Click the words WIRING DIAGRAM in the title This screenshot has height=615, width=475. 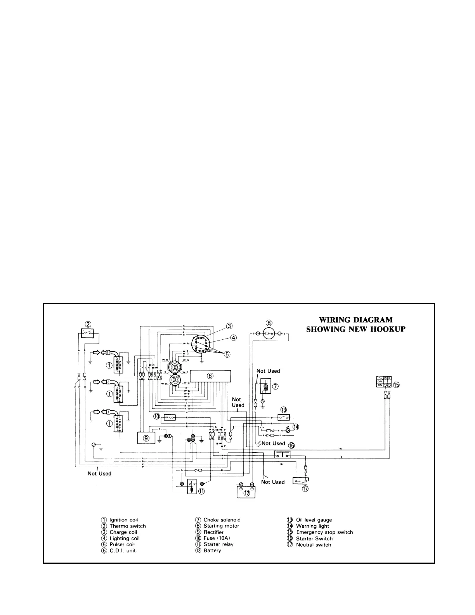pyautogui.click(x=355, y=320)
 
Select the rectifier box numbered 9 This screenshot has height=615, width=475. pyautogui.click(x=146, y=438)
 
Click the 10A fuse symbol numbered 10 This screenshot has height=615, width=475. pyautogui.click(x=170, y=417)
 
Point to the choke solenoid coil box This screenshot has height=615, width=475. pyautogui.click(x=266, y=387)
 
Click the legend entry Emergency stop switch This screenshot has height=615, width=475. pyautogui.click(x=324, y=532)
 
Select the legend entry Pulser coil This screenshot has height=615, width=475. pyautogui.click(x=122, y=544)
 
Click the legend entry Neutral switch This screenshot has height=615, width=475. pyautogui.click(x=314, y=545)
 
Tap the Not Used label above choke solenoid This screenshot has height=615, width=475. pyautogui.click(x=268, y=371)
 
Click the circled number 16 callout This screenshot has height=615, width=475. pyautogui.click(x=291, y=446)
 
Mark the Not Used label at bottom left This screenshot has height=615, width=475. pyautogui.click(x=99, y=473)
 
